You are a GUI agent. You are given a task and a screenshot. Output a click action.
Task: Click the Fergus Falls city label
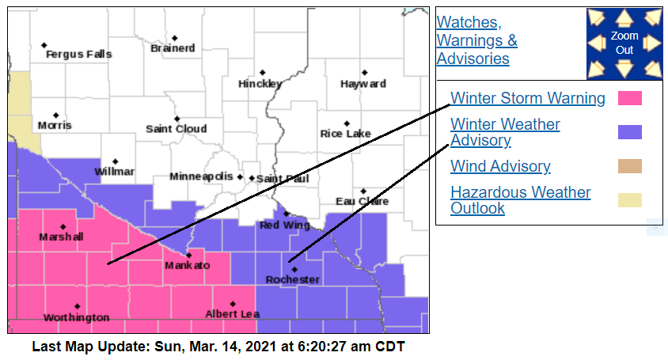[78, 55]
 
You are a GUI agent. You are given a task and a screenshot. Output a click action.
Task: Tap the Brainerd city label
[173, 48]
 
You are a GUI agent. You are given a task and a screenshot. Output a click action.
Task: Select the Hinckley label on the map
[260, 84]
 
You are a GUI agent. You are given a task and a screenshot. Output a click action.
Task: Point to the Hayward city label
[363, 84]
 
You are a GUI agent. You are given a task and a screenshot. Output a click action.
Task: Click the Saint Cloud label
[176, 129]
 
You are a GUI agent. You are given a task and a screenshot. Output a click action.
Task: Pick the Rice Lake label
[345, 135]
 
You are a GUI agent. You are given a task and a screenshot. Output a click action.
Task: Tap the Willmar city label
[114, 172]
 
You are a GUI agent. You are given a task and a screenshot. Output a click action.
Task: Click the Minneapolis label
[201, 176]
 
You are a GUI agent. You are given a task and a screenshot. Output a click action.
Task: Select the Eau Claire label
[362, 202]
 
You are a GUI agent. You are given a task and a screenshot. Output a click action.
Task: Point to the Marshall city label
[60, 237]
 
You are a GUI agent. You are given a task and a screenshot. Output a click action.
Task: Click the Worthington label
[76, 317]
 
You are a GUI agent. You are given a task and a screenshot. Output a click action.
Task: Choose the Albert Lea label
[232, 314]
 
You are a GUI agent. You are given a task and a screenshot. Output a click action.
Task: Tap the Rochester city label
[292, 280]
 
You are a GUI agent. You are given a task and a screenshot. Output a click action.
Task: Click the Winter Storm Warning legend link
[527, 99]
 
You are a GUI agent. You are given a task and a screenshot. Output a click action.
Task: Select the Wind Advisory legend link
[500, 166]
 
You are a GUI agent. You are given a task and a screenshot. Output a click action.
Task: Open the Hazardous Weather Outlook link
[520, 200]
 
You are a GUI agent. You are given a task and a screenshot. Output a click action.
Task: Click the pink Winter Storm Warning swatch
[629, 99]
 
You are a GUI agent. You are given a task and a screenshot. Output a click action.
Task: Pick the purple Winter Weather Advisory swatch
[629, 132]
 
